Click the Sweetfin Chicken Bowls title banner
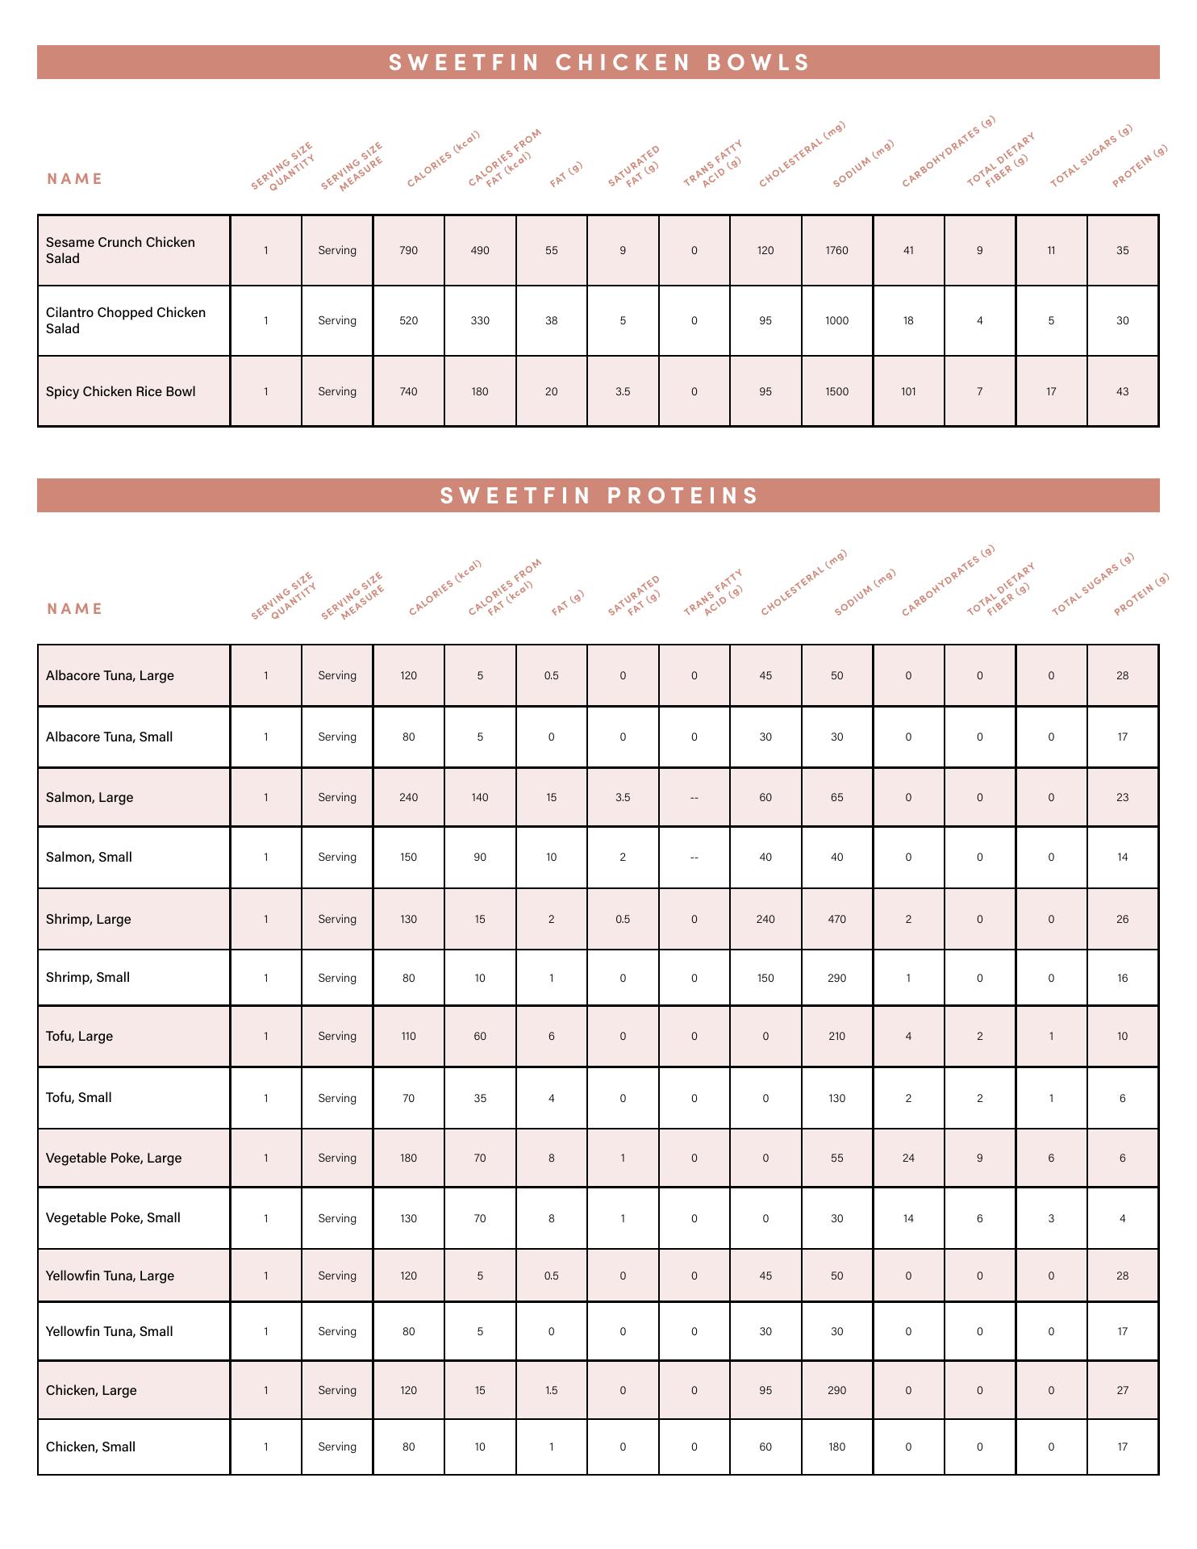point(598,63)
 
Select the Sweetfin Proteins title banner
point(598,495)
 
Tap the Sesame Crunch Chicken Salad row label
point(120,250)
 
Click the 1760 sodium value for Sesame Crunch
point(836,250)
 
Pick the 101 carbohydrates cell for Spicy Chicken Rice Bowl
point(908,391)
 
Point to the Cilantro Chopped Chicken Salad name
point(126,320)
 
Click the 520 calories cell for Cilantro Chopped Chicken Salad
point(408,320)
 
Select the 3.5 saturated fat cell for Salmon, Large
point(623,797)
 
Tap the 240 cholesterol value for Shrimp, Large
point(765,919)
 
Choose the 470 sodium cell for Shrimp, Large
point(836,919)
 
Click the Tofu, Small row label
point(79,1097)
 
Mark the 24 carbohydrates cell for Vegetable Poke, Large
point(908,1158)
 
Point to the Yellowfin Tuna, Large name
point(110,1276)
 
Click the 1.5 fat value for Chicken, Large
point(551,1390)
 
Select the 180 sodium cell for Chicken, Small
point(836,1447)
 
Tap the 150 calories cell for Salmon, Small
point(408,857)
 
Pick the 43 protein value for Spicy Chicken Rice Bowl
point(1122,391)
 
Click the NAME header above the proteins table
point(75,608)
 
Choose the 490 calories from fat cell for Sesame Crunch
point(480,250)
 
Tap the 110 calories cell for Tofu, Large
point(408,1036)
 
